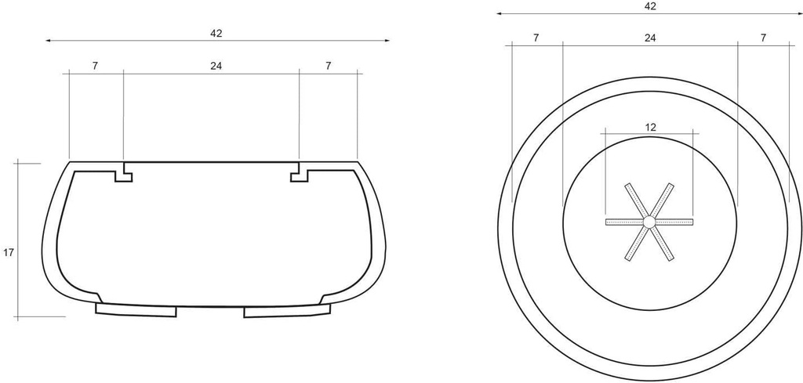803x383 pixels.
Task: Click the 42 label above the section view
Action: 216,33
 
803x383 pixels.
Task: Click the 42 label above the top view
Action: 650,6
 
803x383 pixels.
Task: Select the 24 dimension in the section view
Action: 216,66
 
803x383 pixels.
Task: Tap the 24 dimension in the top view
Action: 650,38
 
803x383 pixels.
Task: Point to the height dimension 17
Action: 8,253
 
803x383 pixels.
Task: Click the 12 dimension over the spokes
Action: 650,128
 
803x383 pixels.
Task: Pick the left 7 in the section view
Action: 96,66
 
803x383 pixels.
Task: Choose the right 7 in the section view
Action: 329,66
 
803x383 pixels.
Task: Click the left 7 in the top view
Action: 536,38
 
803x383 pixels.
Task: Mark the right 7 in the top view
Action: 763,38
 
